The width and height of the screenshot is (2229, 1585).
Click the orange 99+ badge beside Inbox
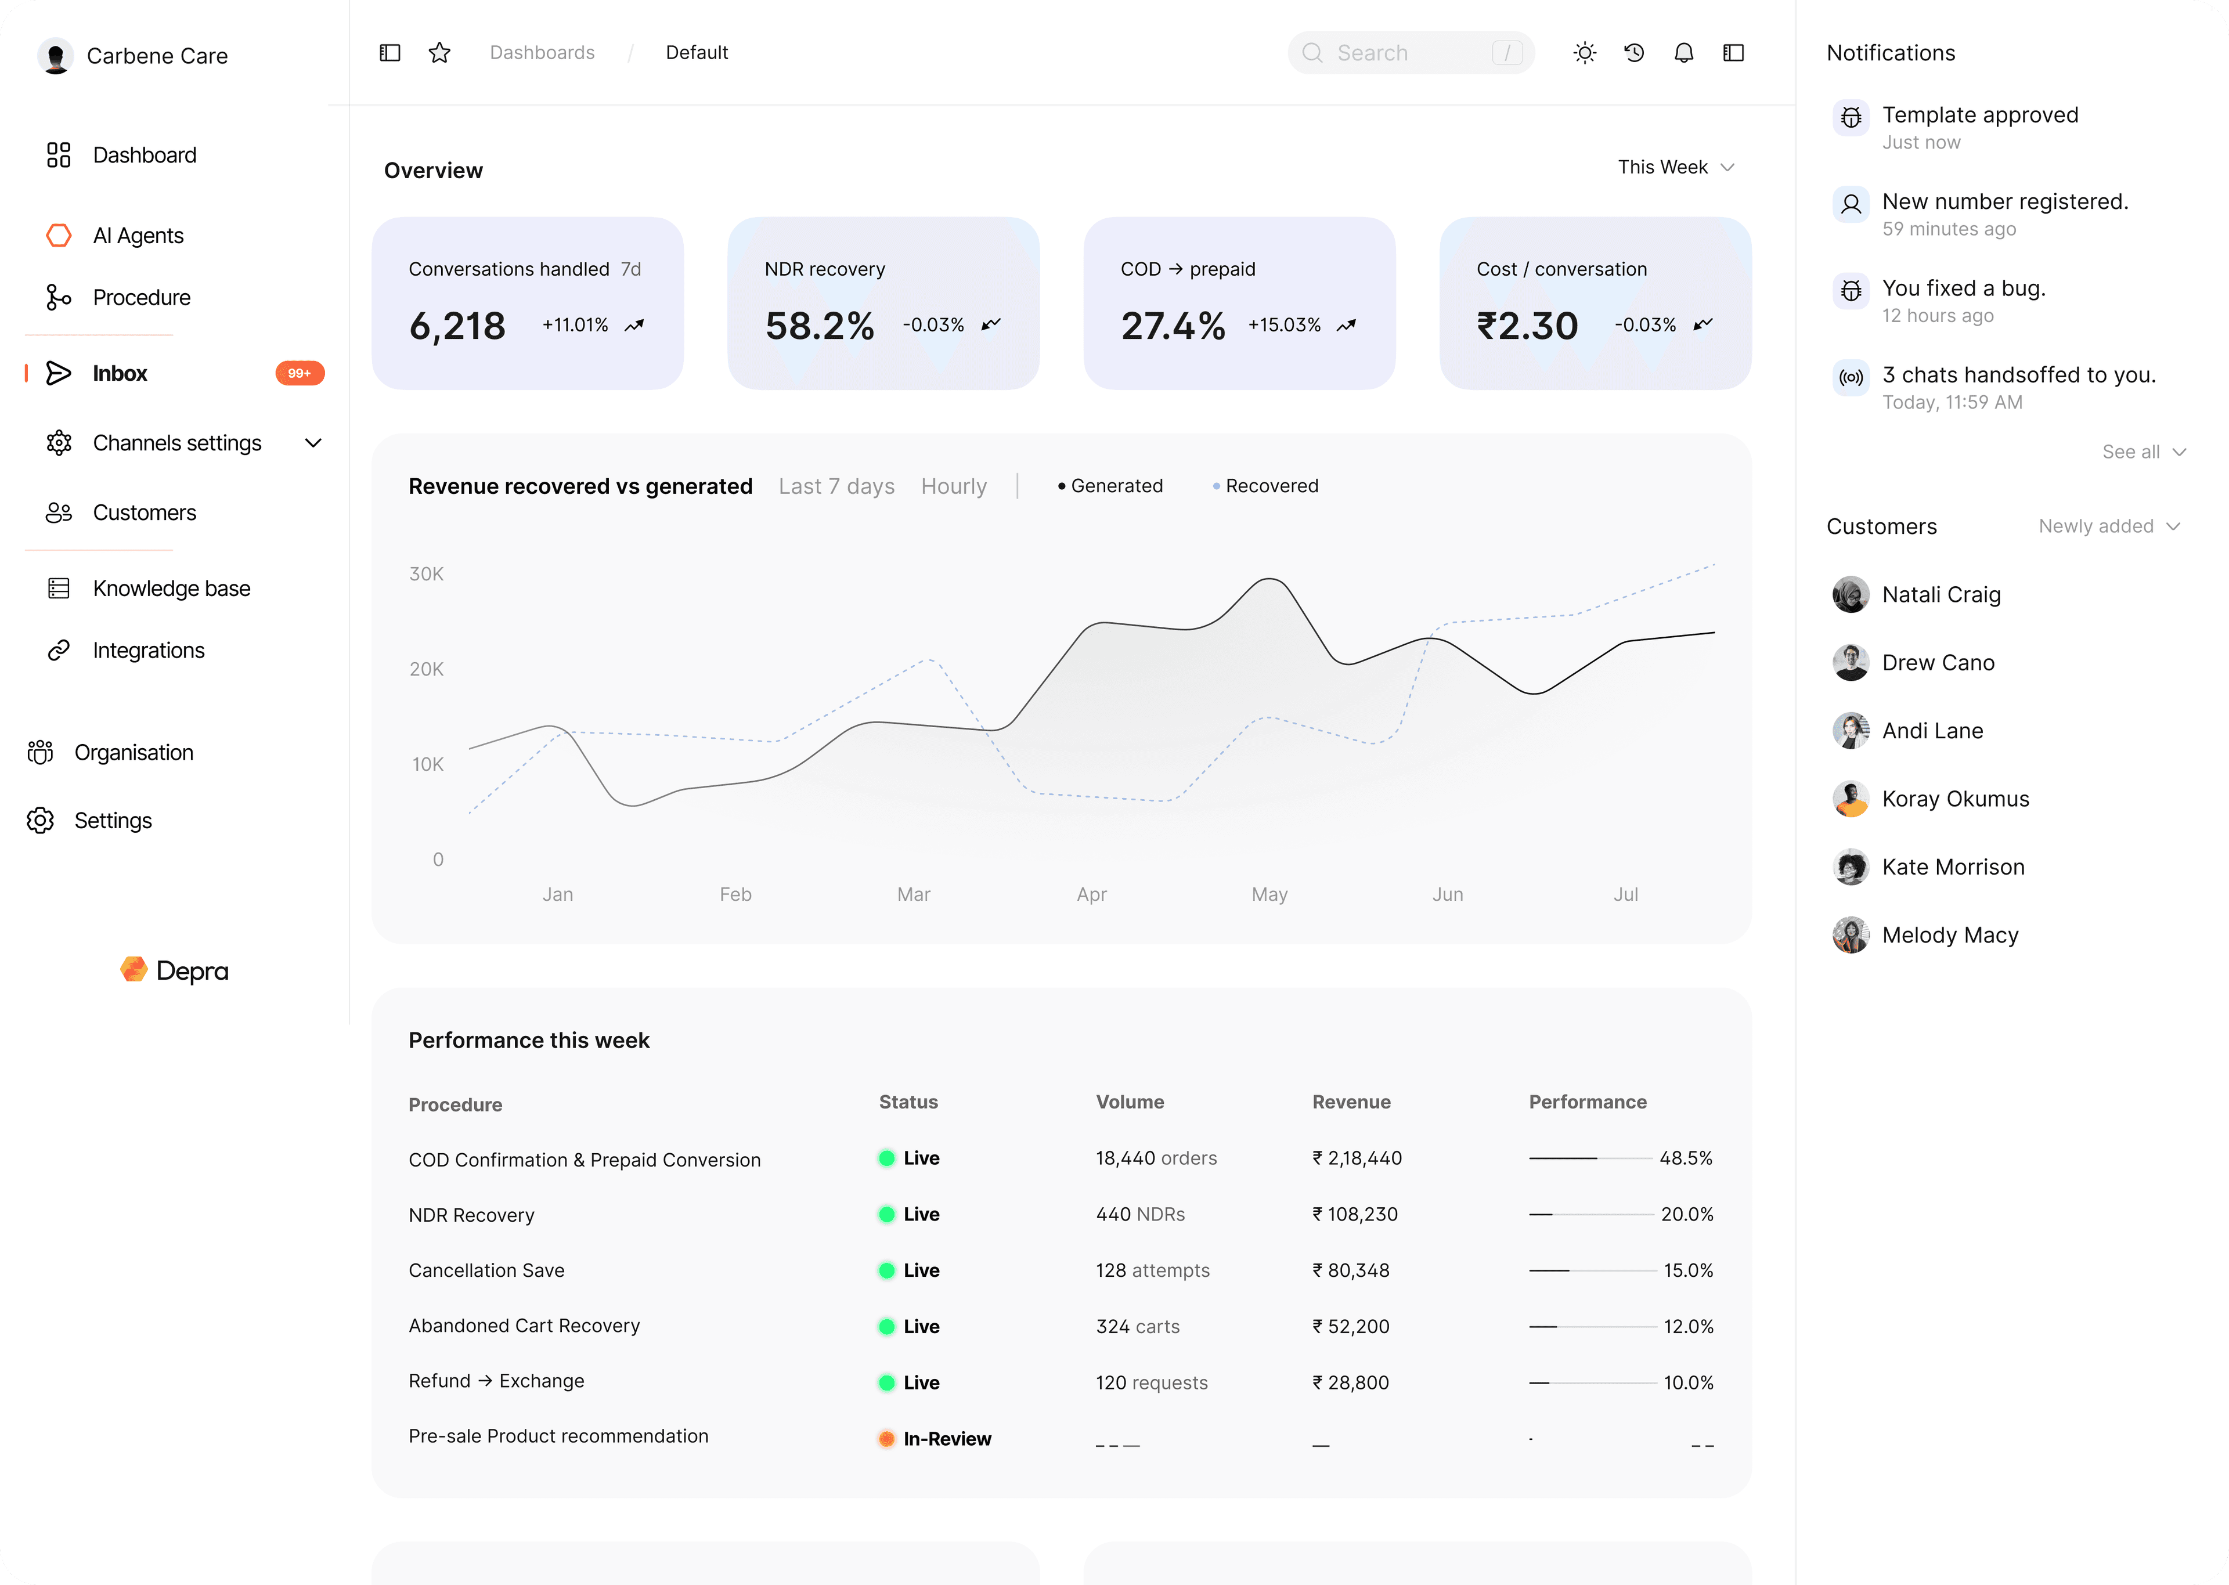point(300,374)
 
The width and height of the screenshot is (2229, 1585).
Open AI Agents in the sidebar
point(138,235)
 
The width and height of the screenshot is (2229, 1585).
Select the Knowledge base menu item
point(171,588)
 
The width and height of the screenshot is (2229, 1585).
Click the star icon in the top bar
point(439,53)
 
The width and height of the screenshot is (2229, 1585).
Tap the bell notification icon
point(1683,53)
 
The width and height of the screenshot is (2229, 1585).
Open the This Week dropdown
point(1675,167)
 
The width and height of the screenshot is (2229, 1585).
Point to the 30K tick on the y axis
point(427,574)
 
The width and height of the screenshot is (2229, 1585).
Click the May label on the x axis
point(1269,894)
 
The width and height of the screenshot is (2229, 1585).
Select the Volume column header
point(1129,1102)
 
